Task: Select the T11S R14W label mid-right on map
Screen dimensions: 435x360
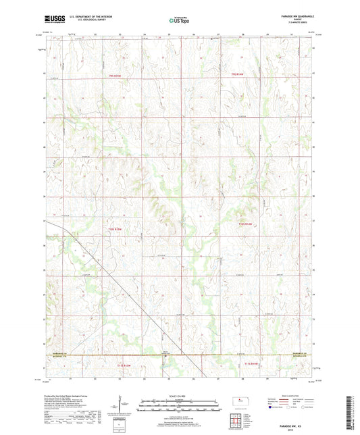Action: tap(245, 224)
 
